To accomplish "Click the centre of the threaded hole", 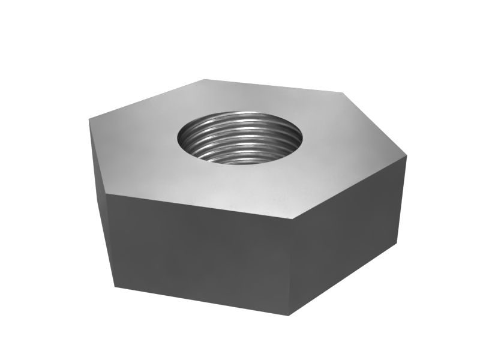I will (240, 139).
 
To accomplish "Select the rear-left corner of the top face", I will (204, 79).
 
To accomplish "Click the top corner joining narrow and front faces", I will (107, 194).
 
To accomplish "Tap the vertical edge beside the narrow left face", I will (111, 240).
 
